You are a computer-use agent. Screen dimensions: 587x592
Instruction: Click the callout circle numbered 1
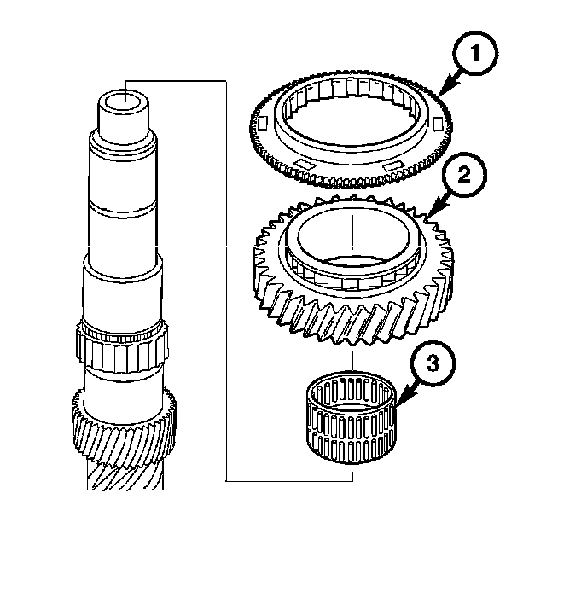475,53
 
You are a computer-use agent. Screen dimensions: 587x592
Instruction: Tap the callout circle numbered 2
464,174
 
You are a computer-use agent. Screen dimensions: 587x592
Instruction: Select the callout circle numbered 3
433,363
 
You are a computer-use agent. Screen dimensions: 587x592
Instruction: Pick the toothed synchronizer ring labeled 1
351,128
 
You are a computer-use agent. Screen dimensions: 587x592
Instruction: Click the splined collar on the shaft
122,345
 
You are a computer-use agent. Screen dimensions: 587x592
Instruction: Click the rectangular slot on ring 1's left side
263,123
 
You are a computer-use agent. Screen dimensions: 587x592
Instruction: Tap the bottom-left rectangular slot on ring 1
306,164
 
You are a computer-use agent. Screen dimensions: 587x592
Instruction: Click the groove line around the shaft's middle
122,210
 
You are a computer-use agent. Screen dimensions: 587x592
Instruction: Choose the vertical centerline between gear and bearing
352,362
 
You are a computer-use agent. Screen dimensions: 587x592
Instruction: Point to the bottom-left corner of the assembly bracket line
226,481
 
